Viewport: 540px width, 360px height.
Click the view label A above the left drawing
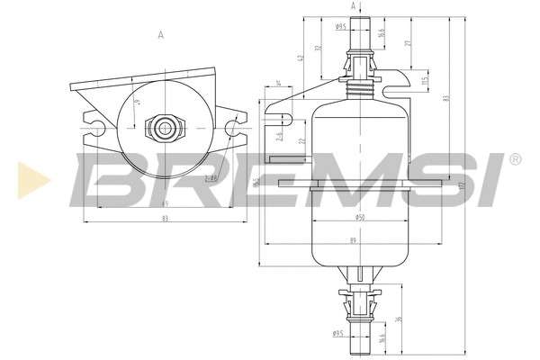point(160,35)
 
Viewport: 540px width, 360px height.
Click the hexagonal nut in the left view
point(166,126)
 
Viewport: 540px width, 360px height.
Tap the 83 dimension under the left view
point(165,219)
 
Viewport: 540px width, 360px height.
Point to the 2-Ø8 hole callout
point(211,177)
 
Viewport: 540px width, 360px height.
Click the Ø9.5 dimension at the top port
point(341,27)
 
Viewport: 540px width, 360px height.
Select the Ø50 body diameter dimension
point(359,218)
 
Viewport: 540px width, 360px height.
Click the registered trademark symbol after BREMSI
point(514,159)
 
